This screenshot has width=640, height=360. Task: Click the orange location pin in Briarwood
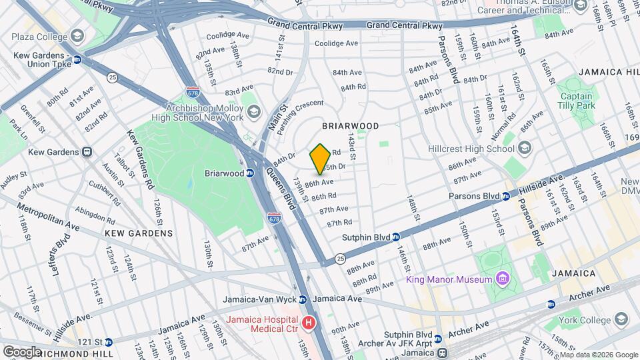click(320, 159)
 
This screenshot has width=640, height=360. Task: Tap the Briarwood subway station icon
click(250, 173)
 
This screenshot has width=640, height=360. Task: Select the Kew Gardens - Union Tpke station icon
click(77, 59)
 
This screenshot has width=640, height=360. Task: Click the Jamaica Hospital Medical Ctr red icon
click(308, 323)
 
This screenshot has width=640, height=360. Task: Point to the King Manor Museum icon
click(503, 278)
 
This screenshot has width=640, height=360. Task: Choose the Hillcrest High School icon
click(525, 148)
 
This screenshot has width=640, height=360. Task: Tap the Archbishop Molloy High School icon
click(253, 111)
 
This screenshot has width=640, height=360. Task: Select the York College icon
click(621, 320)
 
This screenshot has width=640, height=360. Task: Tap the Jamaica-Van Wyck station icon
click(303, 299)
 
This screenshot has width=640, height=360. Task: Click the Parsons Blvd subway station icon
click(506, 196)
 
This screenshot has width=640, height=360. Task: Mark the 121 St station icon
click(108, 342)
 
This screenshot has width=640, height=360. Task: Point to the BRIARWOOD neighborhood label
click(350, 126)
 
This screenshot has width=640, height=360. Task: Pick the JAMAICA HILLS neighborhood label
click(608, 72)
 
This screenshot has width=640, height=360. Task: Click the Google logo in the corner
click(21, 351)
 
